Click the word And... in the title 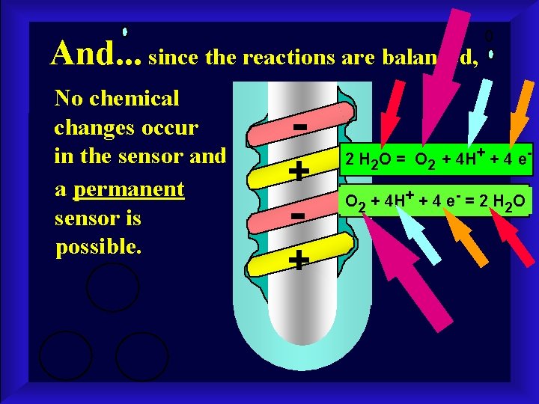pyautogui.click(x=96, y=52)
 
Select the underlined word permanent pyautogui.click(x=129, y=189)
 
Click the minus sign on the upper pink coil pyautogui.click(x=299, y=127)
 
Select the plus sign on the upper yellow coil pyautogui.click(x=299, y=172)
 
